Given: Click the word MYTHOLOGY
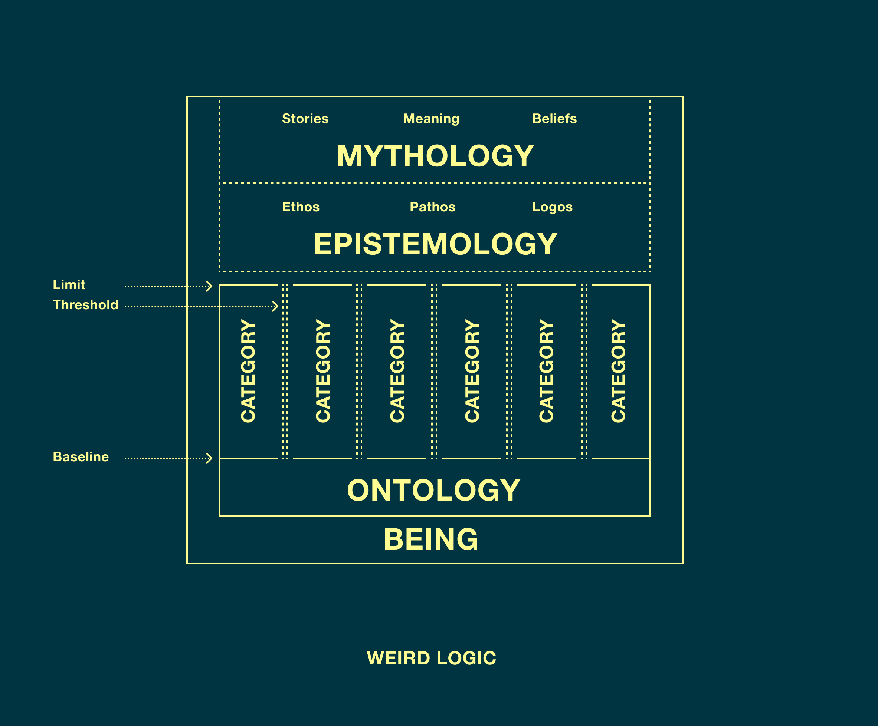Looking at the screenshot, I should (x=435, y=156).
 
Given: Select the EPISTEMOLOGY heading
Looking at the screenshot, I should (x=435, y=244).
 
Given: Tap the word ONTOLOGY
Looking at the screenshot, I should (x=433, y=491).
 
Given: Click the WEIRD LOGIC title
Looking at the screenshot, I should (x=431, y=658).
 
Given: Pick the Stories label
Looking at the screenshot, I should (x=305, y=119).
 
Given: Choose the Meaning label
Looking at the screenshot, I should (x=431, y=119).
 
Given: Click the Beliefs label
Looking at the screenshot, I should (x=554, y=119).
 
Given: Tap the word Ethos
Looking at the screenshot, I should (x=301, y=207).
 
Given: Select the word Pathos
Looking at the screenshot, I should (x=432, y=207).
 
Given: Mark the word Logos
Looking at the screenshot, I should (x=552, y=207).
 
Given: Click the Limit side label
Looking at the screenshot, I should (x=69, y=285).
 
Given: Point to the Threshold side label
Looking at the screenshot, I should (x=85, y=305).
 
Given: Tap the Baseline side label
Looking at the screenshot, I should (x=81, y=457).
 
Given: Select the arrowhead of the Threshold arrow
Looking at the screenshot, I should (x=275, y=306).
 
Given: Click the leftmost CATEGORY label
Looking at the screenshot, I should (x=248, y=371).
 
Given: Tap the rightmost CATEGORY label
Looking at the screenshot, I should (x=618, y=371).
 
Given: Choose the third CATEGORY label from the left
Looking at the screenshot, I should (x=397, y=371).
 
